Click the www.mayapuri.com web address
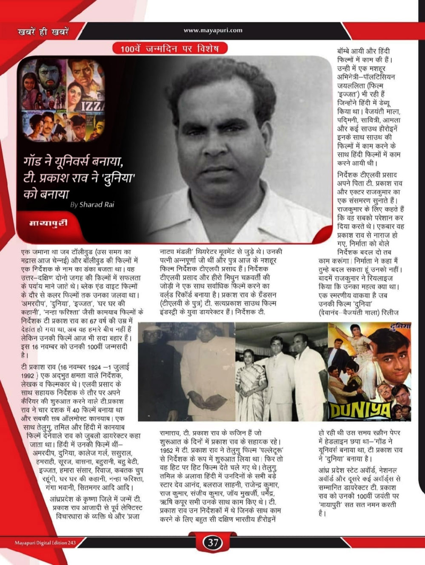click(x=213, y=30)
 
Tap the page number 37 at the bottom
click(x=212, y=542)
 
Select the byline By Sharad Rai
click(x=92, y=204)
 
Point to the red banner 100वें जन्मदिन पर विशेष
click(x=170, y=48)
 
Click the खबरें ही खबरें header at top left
click(x=43, y=31)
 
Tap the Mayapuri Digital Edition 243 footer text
click(x=45, y=543)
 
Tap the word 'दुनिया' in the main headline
click(x=117, y=178)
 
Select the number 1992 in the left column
click(x=28, y=376)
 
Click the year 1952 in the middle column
click(x=166, y=450)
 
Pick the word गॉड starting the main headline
click(x=33, y=162)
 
